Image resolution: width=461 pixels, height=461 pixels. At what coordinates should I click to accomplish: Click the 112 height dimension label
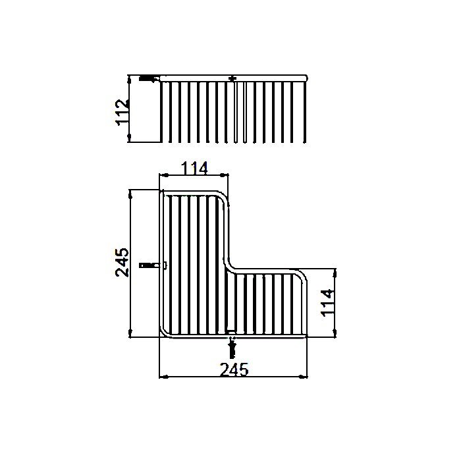(x=121, y=112)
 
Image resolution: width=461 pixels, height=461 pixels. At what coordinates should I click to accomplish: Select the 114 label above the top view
(x=194, y=169)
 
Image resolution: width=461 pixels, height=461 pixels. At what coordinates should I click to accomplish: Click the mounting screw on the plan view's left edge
(x=150, y=266)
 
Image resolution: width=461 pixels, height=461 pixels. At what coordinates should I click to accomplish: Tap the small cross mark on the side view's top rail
(x=231, y=79)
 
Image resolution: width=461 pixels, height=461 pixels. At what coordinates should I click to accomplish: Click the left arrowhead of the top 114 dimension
(x=164, y=176)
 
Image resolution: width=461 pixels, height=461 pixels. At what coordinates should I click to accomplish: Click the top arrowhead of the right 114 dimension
(x=334, y=272)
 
